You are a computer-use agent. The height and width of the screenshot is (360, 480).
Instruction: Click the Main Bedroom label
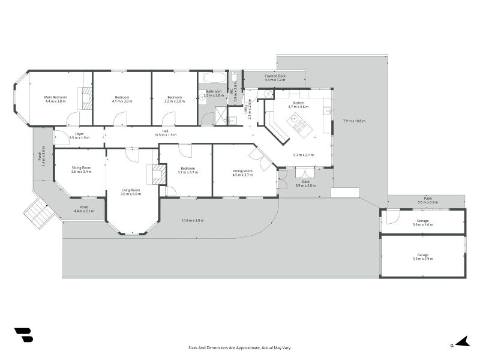(55, 97)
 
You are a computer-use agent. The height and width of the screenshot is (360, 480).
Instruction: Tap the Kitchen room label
(299, 104)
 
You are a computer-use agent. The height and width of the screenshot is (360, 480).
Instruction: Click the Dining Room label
(242, 171)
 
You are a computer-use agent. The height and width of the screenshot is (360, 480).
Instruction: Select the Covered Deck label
(275, 76)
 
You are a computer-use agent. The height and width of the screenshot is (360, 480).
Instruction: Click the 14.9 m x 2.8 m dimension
(193, 221)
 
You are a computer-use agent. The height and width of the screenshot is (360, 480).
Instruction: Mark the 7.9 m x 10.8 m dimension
(353, 121)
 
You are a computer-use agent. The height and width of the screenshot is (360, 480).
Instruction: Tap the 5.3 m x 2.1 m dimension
(303, 155)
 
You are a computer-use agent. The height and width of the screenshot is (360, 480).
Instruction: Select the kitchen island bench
(298, 124)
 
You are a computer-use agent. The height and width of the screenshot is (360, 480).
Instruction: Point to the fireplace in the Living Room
(158, 175)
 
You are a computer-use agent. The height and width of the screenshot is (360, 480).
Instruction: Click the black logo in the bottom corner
(23, 335)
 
